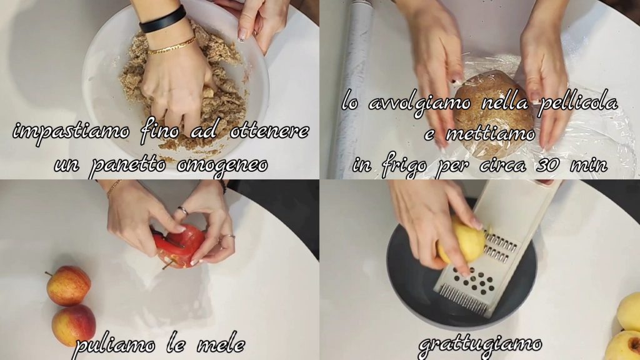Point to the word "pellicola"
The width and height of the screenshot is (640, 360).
[x=578, y=103]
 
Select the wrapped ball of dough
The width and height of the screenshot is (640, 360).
[x=493, y=116]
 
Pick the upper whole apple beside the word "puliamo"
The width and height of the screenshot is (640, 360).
[x=68, y=285]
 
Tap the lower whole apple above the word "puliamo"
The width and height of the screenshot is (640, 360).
[x=74, y=325]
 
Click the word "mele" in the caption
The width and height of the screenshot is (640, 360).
[x=222, y=346]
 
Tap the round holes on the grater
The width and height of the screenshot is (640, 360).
[x=474, y=281]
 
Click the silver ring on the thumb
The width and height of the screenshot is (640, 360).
[x=183, y=211]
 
